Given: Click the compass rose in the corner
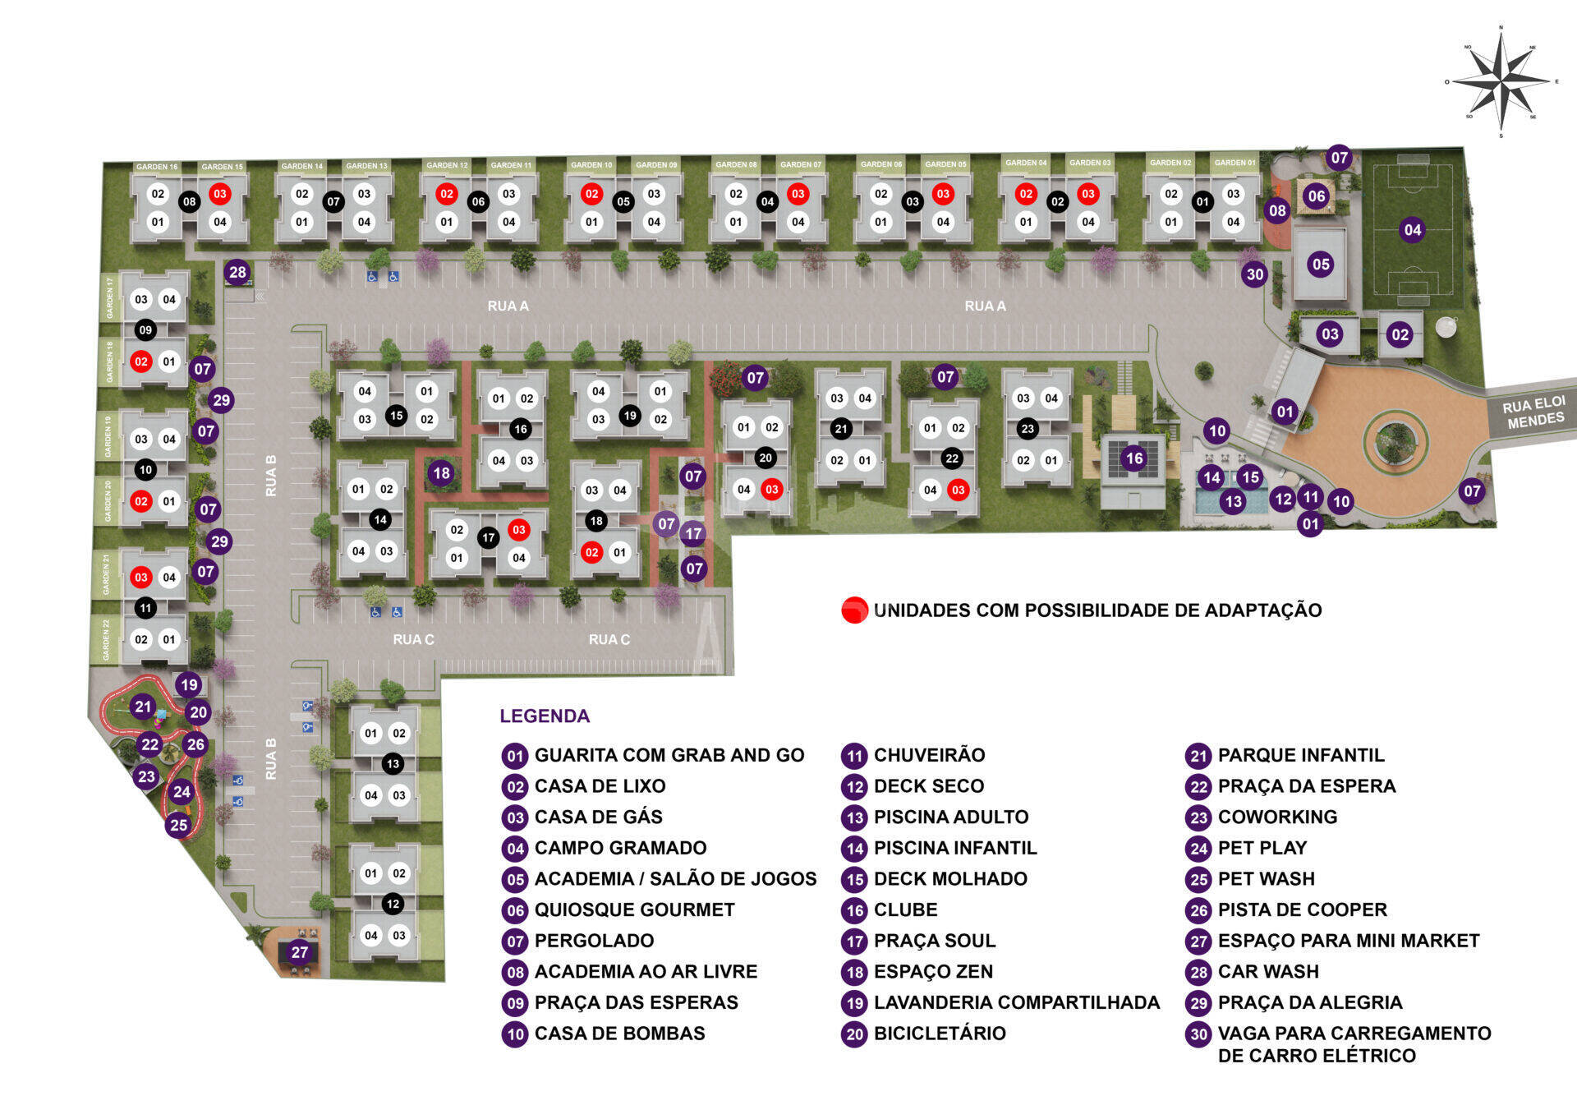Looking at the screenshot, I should click(x=1501, y=81).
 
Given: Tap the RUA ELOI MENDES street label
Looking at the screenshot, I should click(x=1534, y=412).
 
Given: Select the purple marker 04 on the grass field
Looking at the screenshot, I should click(x=1412, y=230).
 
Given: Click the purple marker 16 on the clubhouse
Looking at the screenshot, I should click(x=1133, y=458).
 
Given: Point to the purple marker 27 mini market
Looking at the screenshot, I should click(x=299, y=952).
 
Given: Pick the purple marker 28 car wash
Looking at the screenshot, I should click(x=237, y=272).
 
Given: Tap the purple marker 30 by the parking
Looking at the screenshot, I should click(x=1254, y=274).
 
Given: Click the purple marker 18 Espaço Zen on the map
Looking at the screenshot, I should click(x=441, y=472).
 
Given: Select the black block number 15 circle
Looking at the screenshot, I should click(x=396, y=415).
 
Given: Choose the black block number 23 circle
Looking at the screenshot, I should click(x=1028, y=428).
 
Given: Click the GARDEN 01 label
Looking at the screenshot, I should click(x=1234, y=163).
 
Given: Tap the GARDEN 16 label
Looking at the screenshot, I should click(x=156, y=167).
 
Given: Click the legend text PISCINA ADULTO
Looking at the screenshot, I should click(x=950, y=817).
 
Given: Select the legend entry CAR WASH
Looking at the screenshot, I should click(x=1267, y=972).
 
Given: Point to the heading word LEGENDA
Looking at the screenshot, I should click(x=545, y=716).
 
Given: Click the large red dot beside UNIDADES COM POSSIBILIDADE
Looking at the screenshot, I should click(x=854, y=610).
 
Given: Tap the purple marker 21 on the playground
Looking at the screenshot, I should click(x=143, y=707).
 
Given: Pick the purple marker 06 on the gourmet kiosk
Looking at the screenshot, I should click(x=1316, y=196).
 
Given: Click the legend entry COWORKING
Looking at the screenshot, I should click(x=1277, y=817).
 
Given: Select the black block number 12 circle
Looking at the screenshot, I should click(x=393, y=904).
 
